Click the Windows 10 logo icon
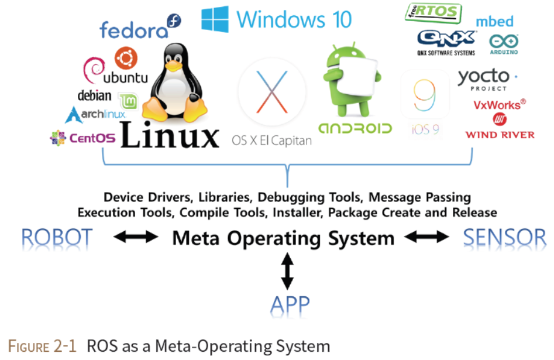click(x=215, y=19)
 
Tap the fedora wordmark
click(x=134, y=29)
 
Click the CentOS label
click(x=83, y=138)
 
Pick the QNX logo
click(x=446, y=39)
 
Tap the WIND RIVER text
click(x=500, y=135)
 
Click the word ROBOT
click(x=57, y=238)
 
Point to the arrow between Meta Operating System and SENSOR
click(x=427, y=238)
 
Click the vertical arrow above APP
click(x=287, y=270)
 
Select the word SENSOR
click(x=504, y=238)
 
